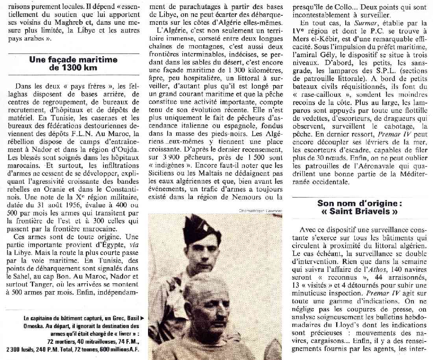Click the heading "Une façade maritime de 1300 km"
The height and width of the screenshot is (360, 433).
pyautogui.click(x=73, y=63)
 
